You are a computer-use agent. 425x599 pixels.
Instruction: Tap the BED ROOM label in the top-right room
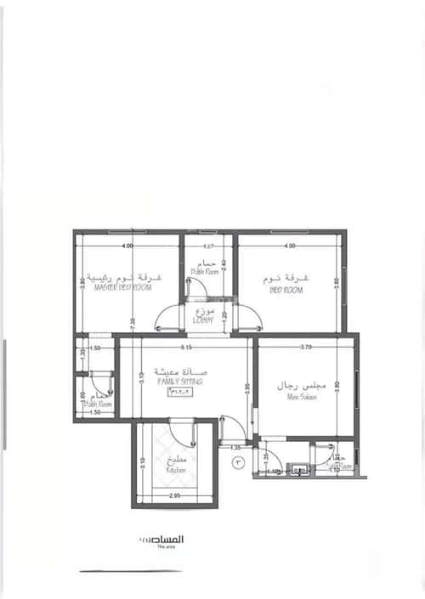tap(286, 290)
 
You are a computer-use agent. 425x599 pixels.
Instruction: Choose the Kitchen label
tap(176, 469)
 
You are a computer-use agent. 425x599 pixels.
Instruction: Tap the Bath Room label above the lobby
tap(205, 273)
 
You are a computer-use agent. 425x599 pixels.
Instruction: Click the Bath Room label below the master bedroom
tap(98, 405)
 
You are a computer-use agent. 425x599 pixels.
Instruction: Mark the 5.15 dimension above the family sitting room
tap(184, 347)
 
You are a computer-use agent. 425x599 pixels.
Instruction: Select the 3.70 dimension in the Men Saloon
tap(305, 347)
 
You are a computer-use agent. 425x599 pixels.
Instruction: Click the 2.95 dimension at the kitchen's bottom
tap(176, 494)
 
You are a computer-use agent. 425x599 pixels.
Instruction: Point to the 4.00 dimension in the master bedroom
tap(127, 246)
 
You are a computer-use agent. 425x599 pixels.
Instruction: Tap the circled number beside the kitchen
tap(239, 463)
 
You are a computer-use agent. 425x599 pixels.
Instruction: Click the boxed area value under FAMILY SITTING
tap(178, 393)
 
